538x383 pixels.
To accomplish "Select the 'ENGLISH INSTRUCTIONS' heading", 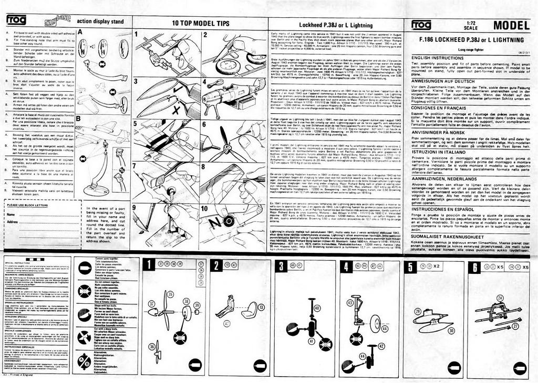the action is click(x=437, y=57).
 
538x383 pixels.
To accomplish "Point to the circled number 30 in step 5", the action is click(x=450, y=330).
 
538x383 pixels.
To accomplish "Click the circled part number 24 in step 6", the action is click(x=500, y=297).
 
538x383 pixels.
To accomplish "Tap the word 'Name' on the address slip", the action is click(x=11, y=215).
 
